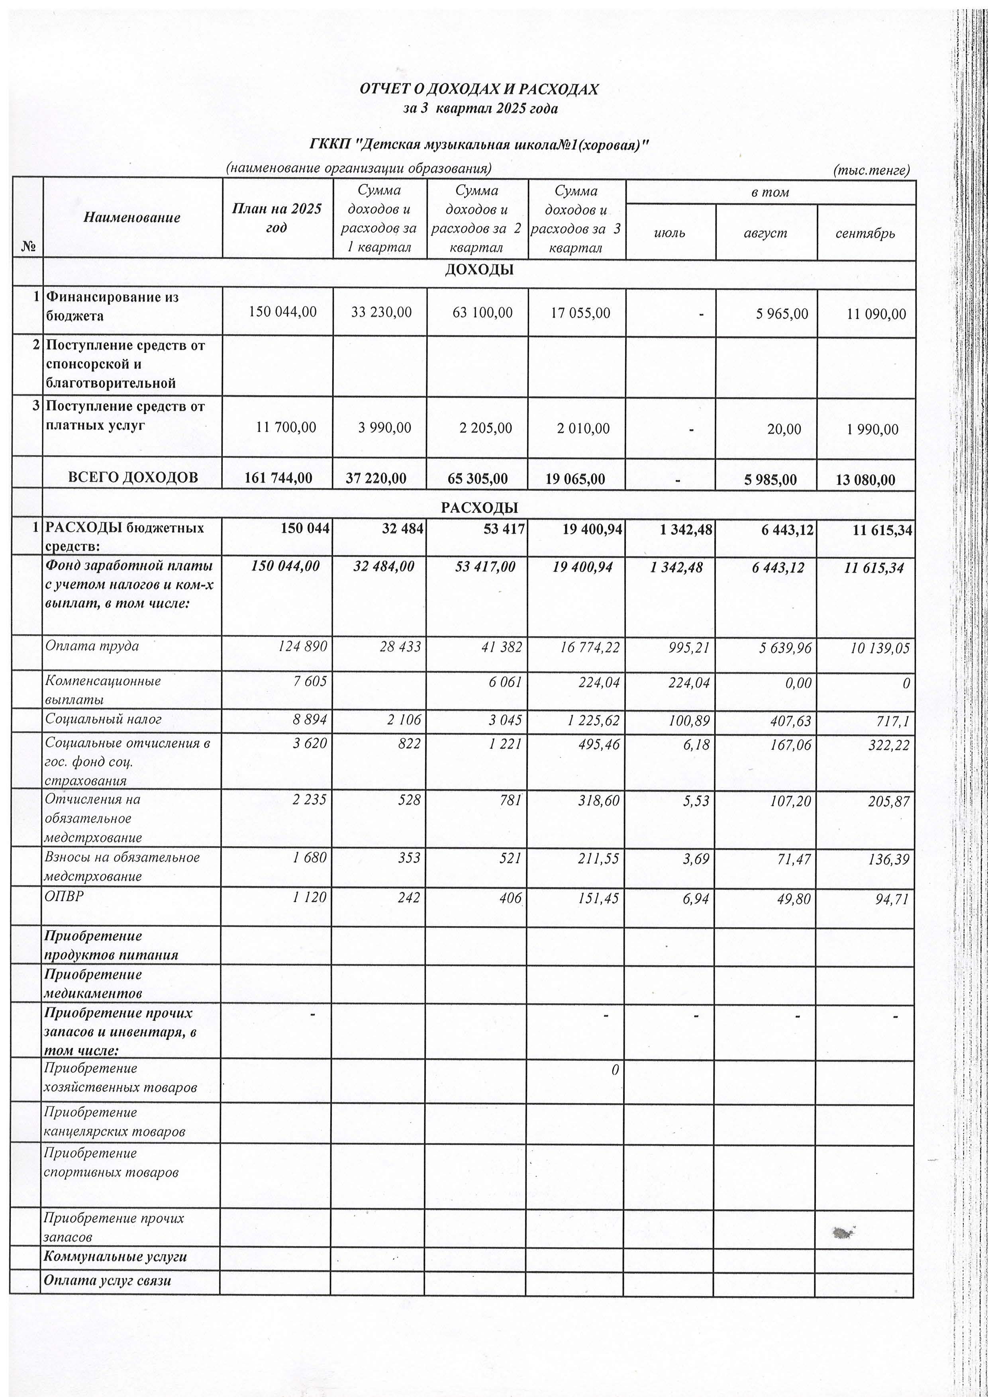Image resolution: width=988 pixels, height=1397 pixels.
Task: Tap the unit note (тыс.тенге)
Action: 871,170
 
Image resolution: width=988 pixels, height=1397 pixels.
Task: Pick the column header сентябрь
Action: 865,233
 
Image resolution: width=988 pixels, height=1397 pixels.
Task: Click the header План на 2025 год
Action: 277,218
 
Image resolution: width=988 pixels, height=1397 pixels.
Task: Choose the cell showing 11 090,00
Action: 876,314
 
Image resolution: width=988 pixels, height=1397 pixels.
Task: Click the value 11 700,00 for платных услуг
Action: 286,428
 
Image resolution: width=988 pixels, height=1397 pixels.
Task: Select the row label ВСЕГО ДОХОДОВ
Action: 133,477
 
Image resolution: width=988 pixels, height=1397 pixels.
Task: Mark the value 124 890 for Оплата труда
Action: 302,646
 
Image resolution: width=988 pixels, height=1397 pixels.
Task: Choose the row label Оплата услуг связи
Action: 107,1280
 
